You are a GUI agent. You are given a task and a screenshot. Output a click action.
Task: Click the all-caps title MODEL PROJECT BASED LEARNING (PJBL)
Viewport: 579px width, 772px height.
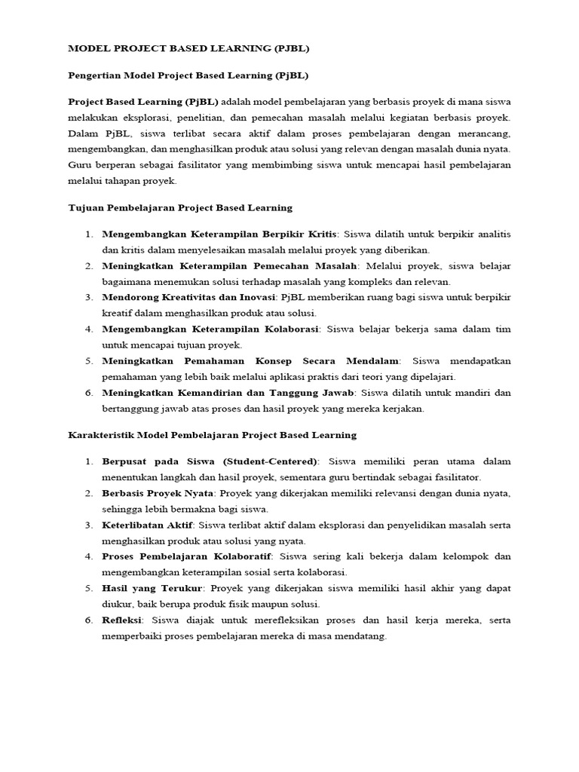[x=188, y=49]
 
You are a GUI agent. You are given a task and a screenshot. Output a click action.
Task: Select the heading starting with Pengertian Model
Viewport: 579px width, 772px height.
[x=188, y=76]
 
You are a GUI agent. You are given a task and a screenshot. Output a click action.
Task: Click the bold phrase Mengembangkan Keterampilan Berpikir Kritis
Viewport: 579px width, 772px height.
[x=219, y=234]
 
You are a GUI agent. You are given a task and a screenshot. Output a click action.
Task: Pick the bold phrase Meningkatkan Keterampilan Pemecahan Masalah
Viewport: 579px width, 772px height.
[x=229, y=266]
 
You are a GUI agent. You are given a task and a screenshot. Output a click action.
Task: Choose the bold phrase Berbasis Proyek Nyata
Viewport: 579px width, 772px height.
[x=158, y=492]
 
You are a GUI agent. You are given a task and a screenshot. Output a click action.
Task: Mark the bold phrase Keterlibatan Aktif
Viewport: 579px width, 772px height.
[x=148, y=524]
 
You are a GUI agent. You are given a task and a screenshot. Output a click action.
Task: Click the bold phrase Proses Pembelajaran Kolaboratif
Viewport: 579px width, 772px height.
[x=188, y=556]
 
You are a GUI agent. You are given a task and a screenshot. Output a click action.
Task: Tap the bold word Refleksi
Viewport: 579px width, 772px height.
[x=124, y=619]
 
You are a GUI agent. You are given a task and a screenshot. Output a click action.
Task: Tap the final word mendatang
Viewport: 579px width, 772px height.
[x=359, y=636]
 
